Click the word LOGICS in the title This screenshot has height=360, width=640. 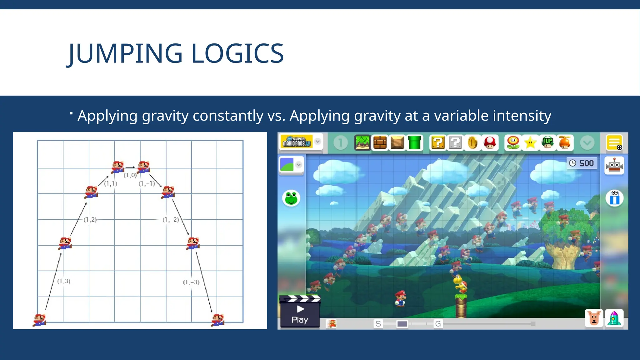(x=237, y=54)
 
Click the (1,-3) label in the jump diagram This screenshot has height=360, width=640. (x=191, y=282)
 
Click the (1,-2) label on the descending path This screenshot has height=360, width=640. (x=171, y=220)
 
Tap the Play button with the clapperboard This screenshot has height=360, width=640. (x=300, y=312)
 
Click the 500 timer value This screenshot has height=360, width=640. (x=586, y=163)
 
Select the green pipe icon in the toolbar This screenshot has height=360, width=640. (x=414, y=143)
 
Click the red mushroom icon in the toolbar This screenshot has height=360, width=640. (x=490, y=143)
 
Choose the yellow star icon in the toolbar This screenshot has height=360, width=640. (x=530, y=143)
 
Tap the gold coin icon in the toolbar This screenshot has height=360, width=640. (x=472, y=143)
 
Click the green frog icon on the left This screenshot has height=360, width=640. (x=291, y=198)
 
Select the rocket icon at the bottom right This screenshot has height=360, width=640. (x=614, y=318)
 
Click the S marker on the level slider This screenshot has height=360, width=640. (x=378, y=324)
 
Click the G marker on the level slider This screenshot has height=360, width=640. (x=438, y=324)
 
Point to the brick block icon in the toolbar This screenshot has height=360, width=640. (x=380, y=143)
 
